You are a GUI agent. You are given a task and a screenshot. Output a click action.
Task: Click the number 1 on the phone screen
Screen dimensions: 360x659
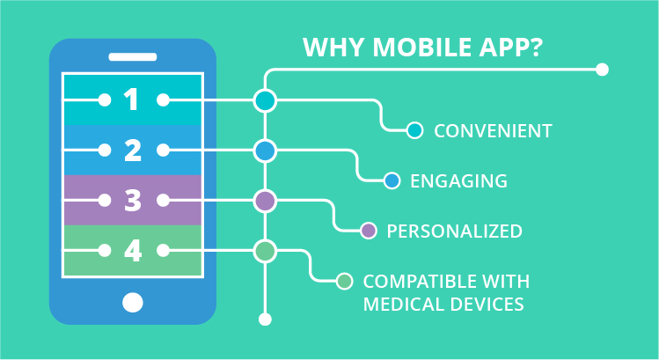(x=132, y=100)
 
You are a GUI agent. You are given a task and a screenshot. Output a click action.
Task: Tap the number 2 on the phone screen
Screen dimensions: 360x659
(x=132, y=151)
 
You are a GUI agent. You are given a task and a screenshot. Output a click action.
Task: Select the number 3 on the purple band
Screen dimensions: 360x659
(x=132, y=201)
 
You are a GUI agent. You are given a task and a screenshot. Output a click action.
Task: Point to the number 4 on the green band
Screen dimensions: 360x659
(x=132, y=251)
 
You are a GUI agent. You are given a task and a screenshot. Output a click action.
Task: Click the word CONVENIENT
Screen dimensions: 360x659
(x=493, y=131)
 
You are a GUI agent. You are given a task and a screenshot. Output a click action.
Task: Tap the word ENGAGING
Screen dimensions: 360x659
(x=458, y=181)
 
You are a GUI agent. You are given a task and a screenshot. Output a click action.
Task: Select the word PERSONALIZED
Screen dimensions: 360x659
(x=455, y=231)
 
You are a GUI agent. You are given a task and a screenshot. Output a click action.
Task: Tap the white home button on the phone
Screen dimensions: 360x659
(x=132, y=303)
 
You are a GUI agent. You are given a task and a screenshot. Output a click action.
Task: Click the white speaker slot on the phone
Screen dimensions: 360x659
(x=132, y=56)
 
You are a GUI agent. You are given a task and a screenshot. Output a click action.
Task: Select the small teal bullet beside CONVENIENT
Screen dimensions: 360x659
(x=415, y=131)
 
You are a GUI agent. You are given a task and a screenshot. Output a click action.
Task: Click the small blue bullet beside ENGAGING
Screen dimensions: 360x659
(x=392, y=181)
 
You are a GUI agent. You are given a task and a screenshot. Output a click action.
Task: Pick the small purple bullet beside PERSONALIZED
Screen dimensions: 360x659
(x=369, y=231)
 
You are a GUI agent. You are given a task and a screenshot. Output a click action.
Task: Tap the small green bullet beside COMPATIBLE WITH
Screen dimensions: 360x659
(x=345, y=282)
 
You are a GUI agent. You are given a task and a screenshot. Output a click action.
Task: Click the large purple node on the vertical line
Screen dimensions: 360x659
(x=265, y=201)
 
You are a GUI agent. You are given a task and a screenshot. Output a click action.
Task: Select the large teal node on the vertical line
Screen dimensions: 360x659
(x=265, y=100)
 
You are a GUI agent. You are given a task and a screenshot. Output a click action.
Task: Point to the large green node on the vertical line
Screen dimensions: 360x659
(x=265, y=251)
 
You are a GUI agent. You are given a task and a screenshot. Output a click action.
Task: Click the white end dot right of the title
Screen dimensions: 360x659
(x=602, y=69)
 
